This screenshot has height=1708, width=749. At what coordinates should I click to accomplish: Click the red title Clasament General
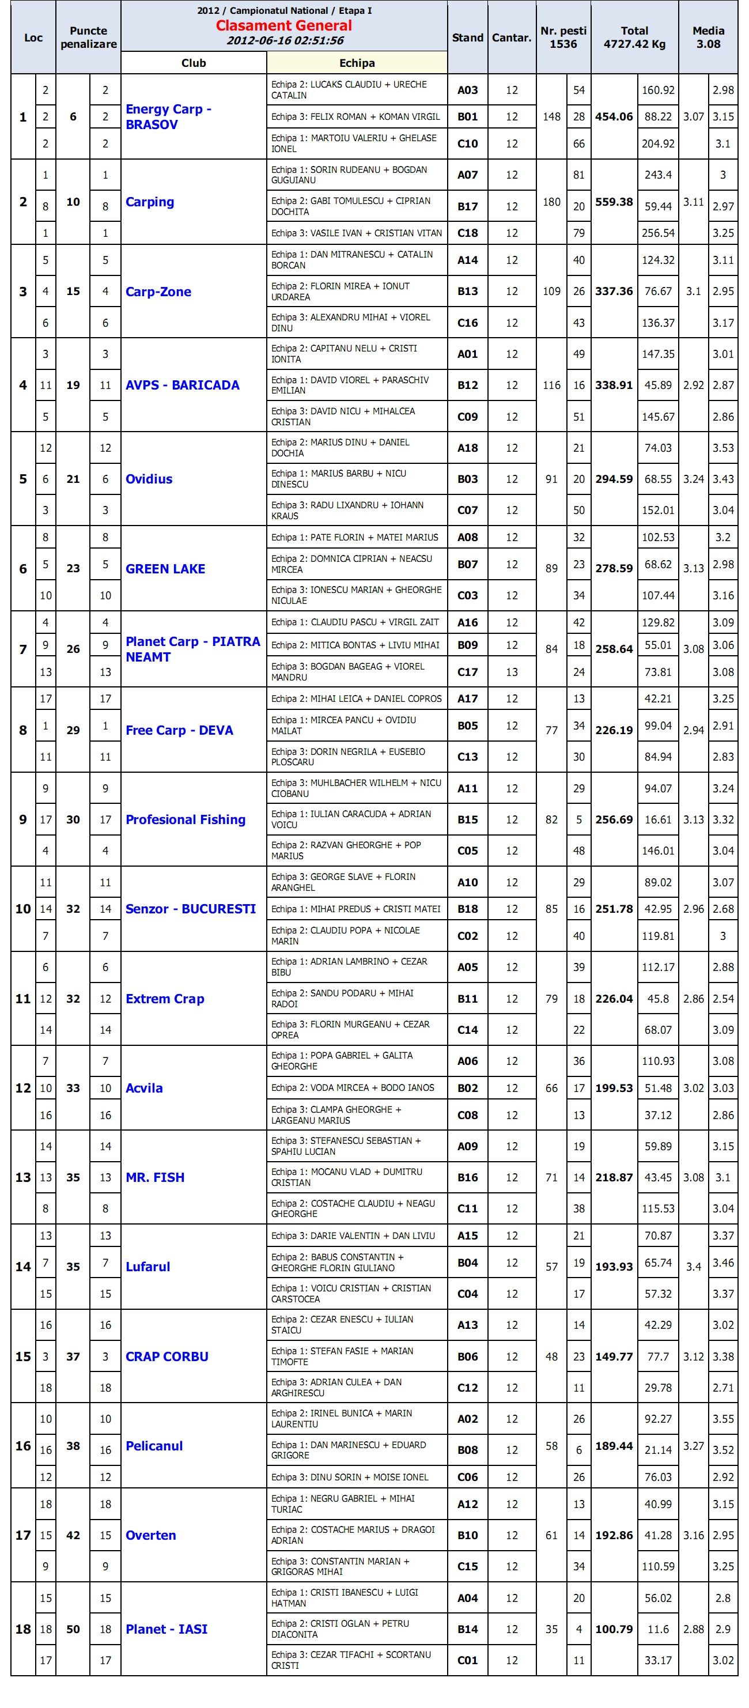[x=283, y=26]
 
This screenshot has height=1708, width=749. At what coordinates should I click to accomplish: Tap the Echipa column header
[x=357, y=63]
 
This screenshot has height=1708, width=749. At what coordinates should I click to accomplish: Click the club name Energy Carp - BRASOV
[x=168, y=117]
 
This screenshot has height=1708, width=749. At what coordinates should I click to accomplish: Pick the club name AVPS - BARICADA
[x=182, y=386]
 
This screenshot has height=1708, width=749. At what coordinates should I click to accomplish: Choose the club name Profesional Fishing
[x=186, y=819]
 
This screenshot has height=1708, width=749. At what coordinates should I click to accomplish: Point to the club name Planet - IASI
[x=167, y=1629]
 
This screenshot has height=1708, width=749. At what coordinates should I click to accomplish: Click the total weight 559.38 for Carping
[x=614, y=202]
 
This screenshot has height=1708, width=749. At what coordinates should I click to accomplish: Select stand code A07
[x=467, y=175]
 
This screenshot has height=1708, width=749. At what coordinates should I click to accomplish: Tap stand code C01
[x=467, y=1660]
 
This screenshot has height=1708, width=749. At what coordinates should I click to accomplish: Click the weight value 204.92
[x=657, y=143]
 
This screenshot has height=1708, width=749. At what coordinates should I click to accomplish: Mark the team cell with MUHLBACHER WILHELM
[x=356, y=788]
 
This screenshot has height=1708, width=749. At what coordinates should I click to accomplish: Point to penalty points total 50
[x=73, y=1629]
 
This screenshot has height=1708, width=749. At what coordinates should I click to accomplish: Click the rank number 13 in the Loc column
[x=23, y=1178]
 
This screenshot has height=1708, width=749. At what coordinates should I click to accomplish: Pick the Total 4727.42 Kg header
[x=634, y=37]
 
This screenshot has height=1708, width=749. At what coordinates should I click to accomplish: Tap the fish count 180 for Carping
[x=551, y=202]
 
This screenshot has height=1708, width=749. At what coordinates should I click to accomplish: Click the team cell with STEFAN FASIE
[x=356, y=1356]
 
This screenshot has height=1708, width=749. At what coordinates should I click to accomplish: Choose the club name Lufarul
[x=148, y=1267]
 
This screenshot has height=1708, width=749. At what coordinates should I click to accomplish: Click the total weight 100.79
[x=614, y=1629]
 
